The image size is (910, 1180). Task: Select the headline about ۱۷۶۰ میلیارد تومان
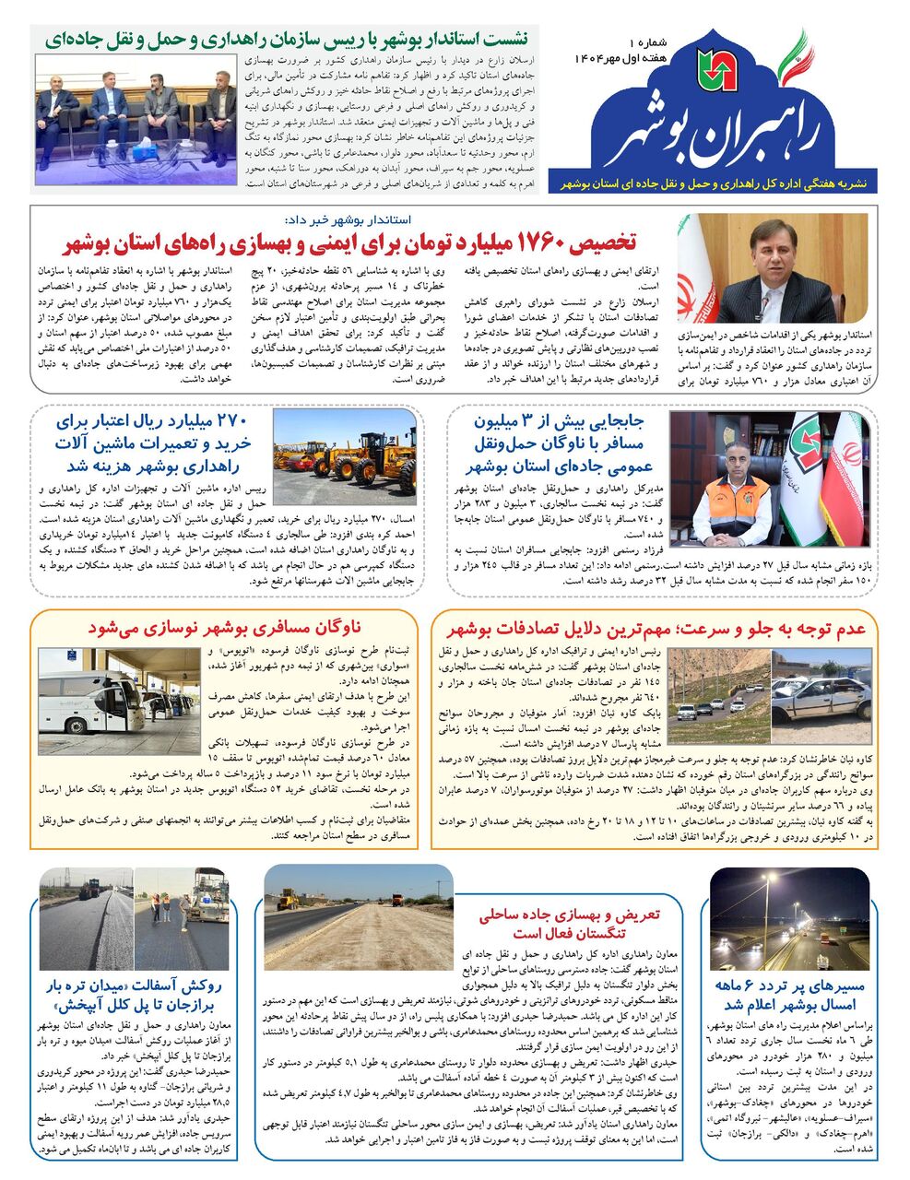pyautogui.click(x=350, y=243)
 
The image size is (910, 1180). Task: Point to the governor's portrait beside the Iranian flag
pyautogui.click(x=773, y=268)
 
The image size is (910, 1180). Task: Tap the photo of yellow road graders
pyautogui.click(x=345, y=452)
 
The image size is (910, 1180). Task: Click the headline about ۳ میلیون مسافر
pyautogui.click(x=562, y=444)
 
